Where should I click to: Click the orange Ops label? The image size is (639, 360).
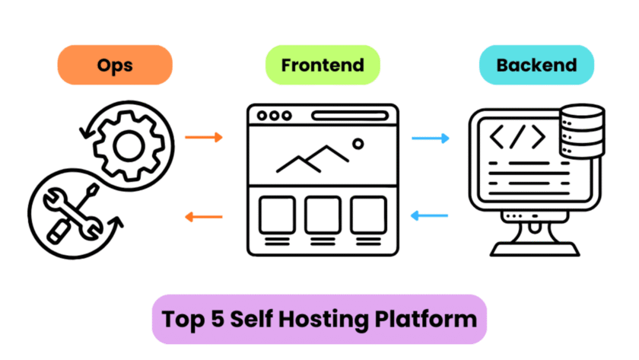114,65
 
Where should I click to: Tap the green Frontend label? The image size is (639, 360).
322,65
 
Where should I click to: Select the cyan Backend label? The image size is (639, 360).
536,65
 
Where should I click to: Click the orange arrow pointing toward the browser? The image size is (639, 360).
204,138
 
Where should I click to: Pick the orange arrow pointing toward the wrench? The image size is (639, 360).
204,217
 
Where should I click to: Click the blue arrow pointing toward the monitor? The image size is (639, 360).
430,138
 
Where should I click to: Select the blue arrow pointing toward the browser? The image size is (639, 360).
430,217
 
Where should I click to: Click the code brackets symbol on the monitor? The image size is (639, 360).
517,137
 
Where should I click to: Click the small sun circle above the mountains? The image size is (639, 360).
358,142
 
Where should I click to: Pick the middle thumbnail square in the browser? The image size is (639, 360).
323,215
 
